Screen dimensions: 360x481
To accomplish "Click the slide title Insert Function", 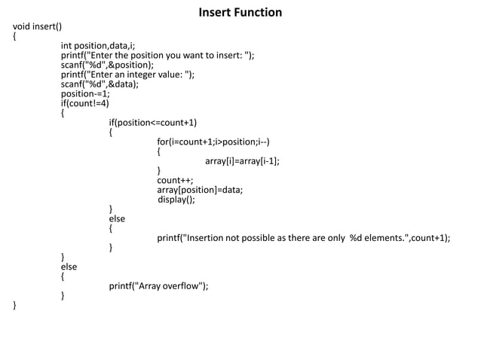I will tap(240, 13).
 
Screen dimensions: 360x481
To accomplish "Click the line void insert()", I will tap(37, 27).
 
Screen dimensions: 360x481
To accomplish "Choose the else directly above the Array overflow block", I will tap(69, 267).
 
